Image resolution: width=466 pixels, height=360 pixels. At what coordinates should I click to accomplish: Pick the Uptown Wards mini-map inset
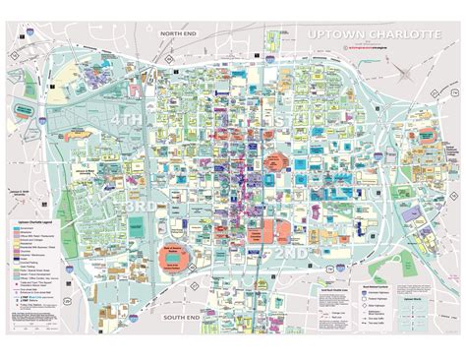click(414, 305)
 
